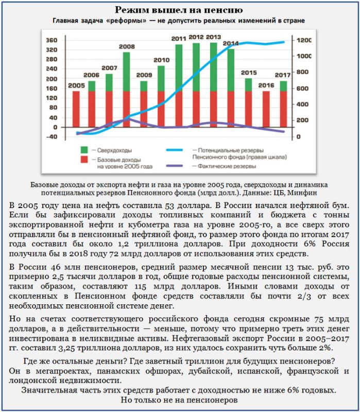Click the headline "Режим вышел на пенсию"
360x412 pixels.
(x=179, y=10)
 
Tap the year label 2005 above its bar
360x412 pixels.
(x=76, y=85)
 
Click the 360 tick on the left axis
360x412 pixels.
(x=51, y=40)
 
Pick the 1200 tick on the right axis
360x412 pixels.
(x=304, y=40)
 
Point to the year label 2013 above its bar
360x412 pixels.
(x=213, y=37)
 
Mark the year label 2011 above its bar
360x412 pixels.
(x=179, y=39)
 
